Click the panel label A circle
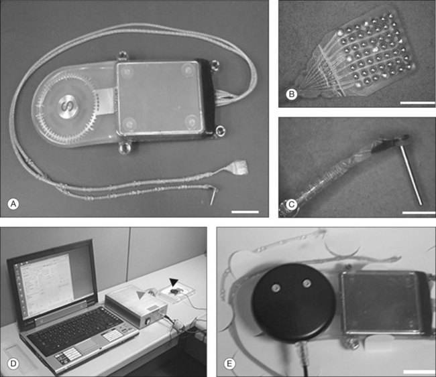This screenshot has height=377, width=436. tap(13, 204)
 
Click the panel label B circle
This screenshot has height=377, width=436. tap(292, 94)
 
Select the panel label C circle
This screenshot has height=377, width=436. tap(292, 205)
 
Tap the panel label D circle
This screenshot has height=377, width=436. tap(13, 364)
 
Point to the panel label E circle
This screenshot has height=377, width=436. tap(229, 364)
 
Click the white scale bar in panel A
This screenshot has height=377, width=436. tap(245, 212)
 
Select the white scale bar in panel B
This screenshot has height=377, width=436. tap(417, 103)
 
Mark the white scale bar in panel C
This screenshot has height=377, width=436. tap(419, 213)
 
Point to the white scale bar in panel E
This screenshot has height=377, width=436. tap(418, 372)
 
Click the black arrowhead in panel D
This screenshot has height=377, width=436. tap(174, 282)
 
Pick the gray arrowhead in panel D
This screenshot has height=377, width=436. tap(141, 295)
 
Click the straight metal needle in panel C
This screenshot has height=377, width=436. tap(411, 175)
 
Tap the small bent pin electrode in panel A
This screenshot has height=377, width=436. tap(213, 196)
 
